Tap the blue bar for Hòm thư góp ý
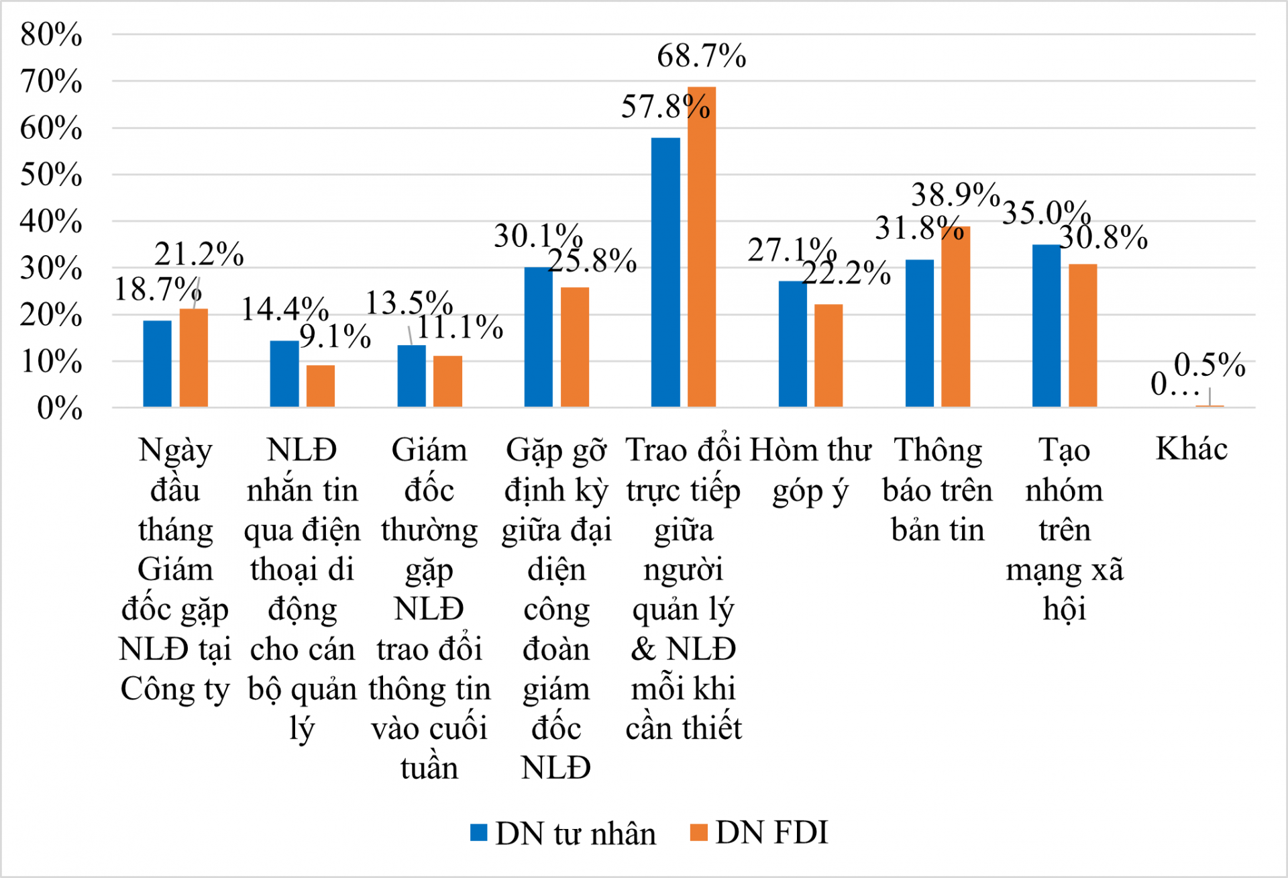(792, 344)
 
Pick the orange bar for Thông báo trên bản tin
(956, 317)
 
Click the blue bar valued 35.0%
(1046, 326)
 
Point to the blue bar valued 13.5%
(411, 376)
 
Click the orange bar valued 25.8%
(575, 347)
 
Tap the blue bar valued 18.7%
(158, 364)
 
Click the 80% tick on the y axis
(52, 34)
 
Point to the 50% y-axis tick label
(52, 175)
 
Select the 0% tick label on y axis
(60, 407)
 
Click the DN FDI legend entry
(761, 833)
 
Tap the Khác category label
(1191, 448)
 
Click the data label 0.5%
(1210, 365)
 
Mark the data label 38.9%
(955, 195)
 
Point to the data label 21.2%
(199, 254)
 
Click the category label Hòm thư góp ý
(810, 470)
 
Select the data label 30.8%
(1104, 237)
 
